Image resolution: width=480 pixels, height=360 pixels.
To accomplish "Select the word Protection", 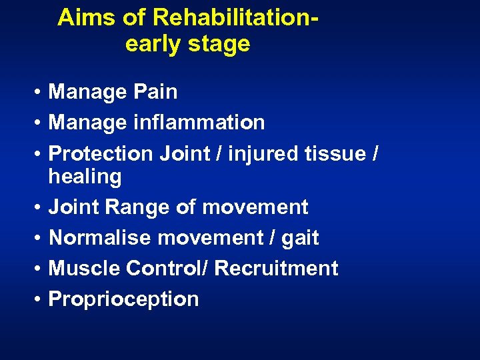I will point(101,153).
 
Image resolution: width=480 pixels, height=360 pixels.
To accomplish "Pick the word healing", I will point(85,177).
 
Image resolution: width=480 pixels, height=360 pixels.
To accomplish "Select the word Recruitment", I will point(277,268).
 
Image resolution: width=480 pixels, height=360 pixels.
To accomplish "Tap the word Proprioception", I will point(124,299).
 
